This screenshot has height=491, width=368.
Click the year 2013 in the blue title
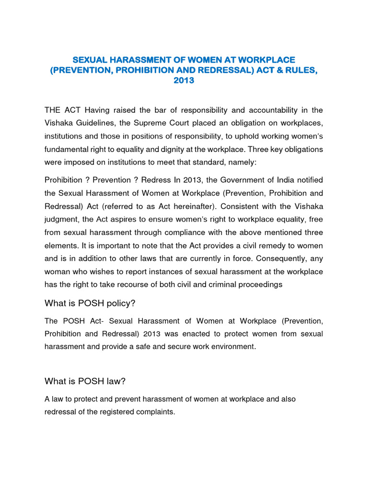[184, 81]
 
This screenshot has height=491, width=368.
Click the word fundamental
[66, 149]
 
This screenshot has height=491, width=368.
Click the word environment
[232, 347]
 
